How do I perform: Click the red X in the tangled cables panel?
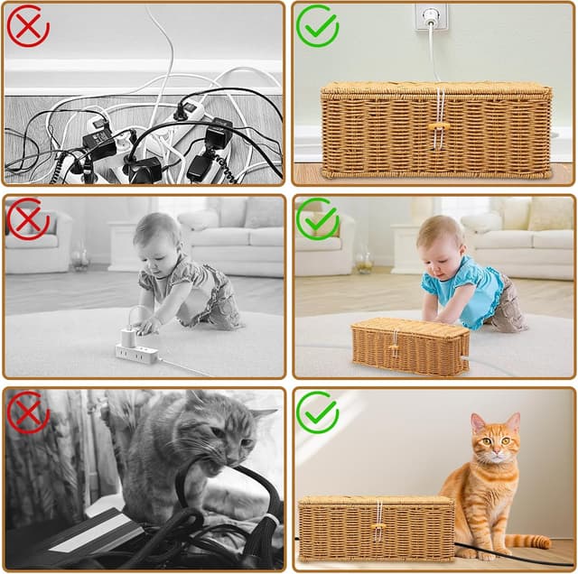28,25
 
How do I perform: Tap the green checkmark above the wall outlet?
317,25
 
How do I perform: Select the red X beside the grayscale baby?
28,219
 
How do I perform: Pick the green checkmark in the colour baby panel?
317,219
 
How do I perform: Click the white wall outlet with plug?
430,17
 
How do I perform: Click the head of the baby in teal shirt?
441,237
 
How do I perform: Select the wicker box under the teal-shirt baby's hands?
411,346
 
